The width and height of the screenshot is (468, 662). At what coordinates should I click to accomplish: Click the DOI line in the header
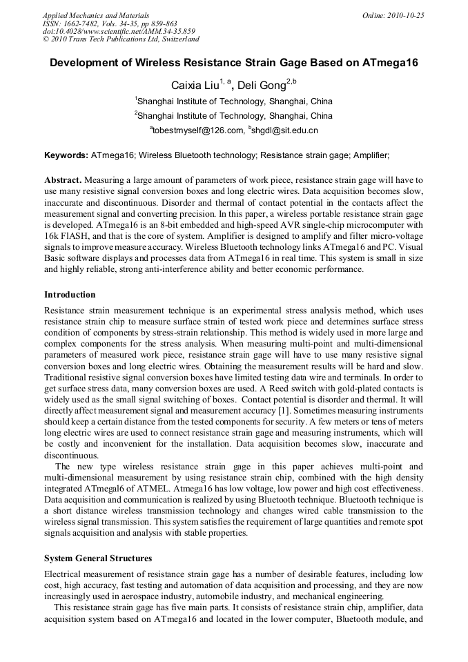point(118,31)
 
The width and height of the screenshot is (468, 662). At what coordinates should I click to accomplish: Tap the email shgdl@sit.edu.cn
point(285,130)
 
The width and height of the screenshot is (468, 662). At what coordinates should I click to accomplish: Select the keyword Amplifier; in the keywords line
point(371,156)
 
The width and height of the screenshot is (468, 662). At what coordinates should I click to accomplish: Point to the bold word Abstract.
point(63,179)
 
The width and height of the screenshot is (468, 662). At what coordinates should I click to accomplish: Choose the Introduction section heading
point(70,295)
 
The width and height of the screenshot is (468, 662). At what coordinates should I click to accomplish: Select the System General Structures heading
point(98,558)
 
